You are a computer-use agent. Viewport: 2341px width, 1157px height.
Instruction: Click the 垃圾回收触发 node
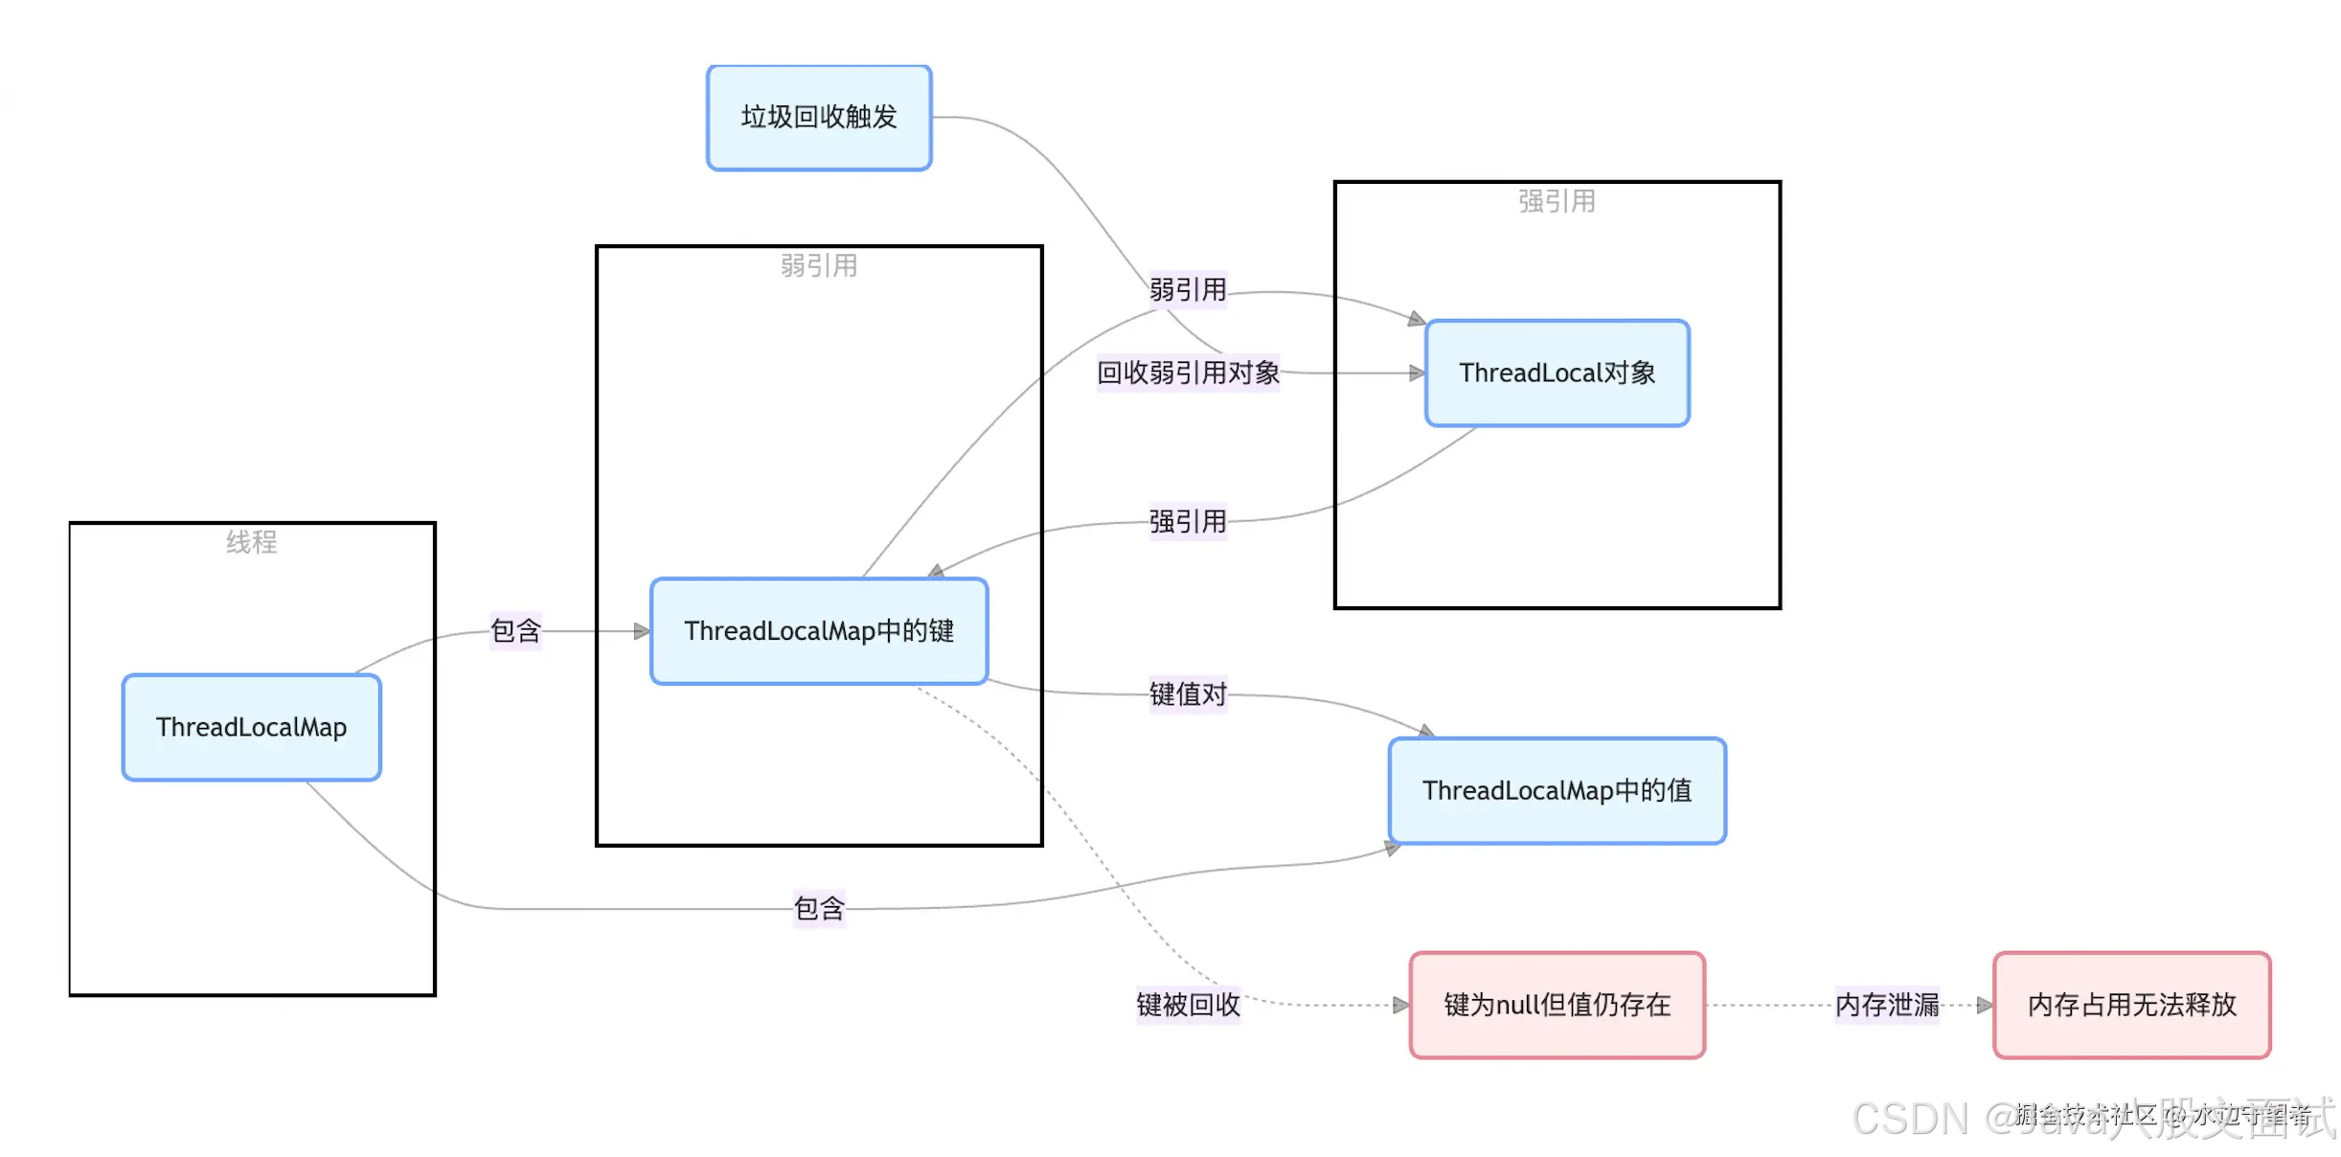(819, 118)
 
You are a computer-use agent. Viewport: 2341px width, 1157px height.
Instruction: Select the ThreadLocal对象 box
(1557, 374)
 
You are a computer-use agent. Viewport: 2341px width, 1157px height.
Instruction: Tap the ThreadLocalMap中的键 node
(819, 631)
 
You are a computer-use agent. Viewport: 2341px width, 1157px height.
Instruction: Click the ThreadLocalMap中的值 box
(1557, 791)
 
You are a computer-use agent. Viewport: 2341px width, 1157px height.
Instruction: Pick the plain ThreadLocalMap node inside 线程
(252, 728)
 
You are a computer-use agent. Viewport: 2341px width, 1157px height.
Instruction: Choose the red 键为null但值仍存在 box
(1557, 1005)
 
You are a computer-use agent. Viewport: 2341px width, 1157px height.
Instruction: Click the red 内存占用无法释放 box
(2131, 1005)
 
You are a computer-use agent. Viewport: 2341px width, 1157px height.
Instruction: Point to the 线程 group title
(252, 543)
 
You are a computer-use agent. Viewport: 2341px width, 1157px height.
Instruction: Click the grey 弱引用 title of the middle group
(819, 266)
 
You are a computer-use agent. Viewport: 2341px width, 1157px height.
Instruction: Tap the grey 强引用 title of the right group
(1557, 202)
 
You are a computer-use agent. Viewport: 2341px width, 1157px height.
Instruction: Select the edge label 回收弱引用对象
(1188, 373)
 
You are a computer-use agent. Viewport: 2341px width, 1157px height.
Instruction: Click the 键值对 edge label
(1188, 694)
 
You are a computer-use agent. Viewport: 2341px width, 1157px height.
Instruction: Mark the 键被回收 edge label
(1188, 1005)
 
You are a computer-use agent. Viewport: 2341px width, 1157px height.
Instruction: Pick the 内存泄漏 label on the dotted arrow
(1887, 1005)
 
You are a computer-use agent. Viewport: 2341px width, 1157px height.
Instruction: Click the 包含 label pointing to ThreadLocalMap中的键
(515, 631)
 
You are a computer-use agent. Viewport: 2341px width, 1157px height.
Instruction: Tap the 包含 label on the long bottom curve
(819, 908)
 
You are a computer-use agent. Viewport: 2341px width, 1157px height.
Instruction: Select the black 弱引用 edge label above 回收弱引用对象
(1188, 290)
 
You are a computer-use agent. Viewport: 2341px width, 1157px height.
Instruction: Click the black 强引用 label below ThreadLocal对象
(1188, 522)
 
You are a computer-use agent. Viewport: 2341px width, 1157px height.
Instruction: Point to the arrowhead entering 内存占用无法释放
(1985, 1006)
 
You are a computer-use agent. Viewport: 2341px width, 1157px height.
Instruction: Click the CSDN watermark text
(1911, 1119)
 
